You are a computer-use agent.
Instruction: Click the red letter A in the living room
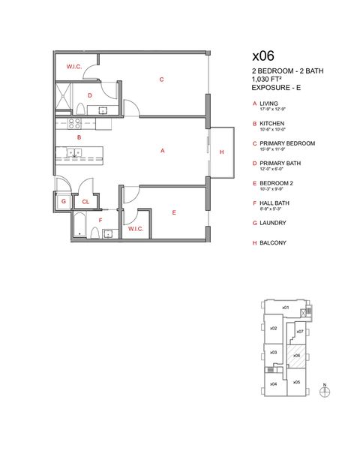(163, 151)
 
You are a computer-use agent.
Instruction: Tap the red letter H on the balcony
(221, 152)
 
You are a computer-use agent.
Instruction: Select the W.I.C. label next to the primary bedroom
(74, 67)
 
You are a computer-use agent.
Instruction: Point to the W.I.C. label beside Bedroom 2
(135, 228)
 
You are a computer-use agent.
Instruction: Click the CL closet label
(85, 201)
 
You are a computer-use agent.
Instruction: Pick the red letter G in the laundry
(64, 201)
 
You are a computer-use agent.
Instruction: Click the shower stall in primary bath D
(65, 98)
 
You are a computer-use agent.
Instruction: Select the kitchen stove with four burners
(75, 123)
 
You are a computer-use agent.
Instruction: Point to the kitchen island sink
(74, 153)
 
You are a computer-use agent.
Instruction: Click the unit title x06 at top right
(262, 56)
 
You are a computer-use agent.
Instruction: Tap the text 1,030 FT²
(268, 79)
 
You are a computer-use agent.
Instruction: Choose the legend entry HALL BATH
(275, 203)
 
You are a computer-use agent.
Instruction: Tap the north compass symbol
(324, 392)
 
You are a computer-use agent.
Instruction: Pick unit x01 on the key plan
(286, 308)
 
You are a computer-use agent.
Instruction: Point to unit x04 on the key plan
(274, 384)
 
